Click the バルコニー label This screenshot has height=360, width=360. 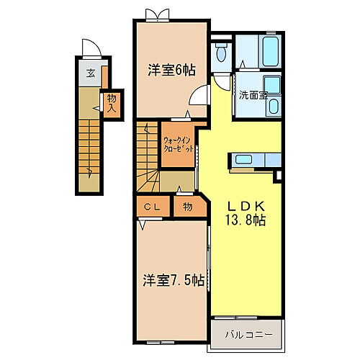(x=246, y=334)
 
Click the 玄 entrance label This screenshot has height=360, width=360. (x=91, y=73)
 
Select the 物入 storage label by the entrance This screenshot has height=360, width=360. (x=112, y=102)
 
